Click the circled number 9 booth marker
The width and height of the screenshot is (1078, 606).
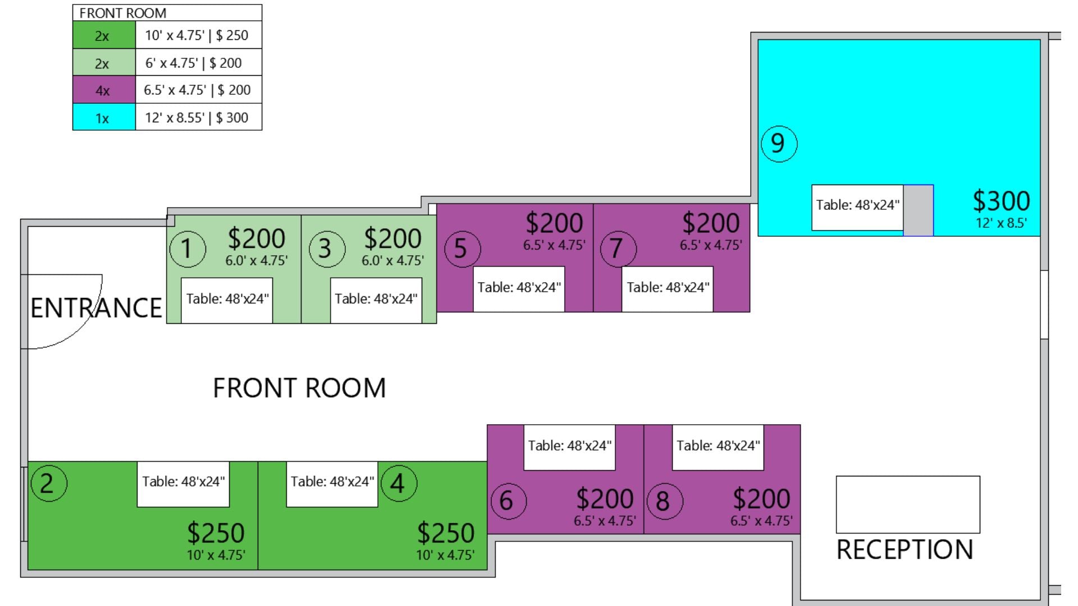click(x=779, y=144)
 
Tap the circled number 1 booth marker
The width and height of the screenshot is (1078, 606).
click(x=188, y=249)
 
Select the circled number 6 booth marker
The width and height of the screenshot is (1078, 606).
click(x=508, y=501)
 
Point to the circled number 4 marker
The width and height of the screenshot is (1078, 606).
click(x=399, y=483)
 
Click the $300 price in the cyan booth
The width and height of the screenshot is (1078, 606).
click(x=1001, y=201)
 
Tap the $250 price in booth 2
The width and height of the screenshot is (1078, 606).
click(x=216, y=533)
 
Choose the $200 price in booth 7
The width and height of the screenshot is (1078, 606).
click(x=711, y=223)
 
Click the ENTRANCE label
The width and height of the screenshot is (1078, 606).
click(x=96, y=308)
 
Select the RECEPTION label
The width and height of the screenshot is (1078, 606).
click(x=905, y=550)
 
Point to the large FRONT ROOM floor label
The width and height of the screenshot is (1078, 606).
click(x=299, y=388)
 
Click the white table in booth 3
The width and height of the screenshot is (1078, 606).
click(x=376, y=300)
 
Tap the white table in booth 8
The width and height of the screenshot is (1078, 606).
click(x=718, y=447)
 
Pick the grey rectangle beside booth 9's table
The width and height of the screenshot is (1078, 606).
click(x=918, y=210)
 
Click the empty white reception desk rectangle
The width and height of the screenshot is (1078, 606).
click(x=908, y=504)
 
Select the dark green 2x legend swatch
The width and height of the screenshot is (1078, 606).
click(x=104, y=35)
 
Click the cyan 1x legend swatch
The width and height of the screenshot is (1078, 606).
click(x=104, y=117)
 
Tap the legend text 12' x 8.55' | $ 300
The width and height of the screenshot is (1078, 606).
click(x=197, y=118)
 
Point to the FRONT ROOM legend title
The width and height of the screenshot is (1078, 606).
click(x=122, y=13)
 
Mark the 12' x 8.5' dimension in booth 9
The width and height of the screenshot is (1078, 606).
click(x=1001, y=223)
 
